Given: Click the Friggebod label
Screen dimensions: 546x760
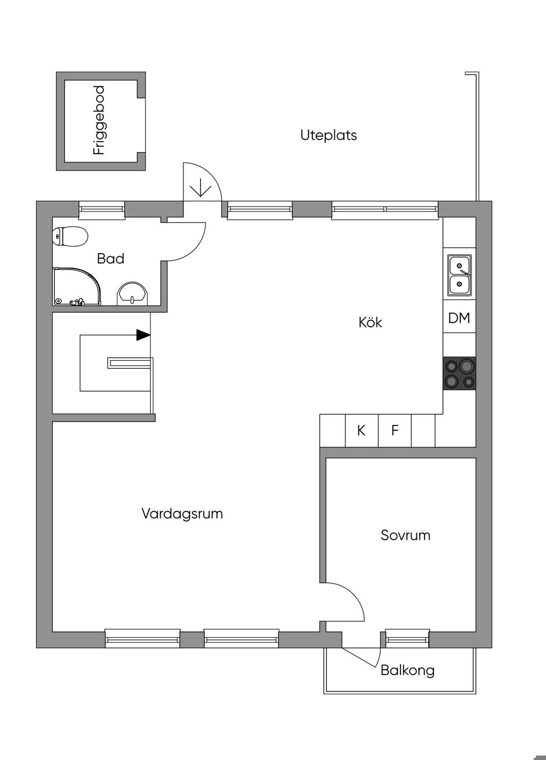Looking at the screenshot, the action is [x=99, y=121].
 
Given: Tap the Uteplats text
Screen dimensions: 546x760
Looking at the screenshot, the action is [x=328, y=136].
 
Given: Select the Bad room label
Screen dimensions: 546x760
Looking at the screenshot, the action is [x=110, y=258].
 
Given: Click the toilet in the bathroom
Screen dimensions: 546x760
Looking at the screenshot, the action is [x=70, y=236].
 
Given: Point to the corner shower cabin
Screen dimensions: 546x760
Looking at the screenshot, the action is [x=77, y=287].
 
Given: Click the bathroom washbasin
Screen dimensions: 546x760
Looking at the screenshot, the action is [x=133, y=294].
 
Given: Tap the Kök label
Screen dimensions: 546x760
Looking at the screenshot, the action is [x=370, y=322].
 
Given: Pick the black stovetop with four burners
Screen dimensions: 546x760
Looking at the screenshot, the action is [x=459, y=373].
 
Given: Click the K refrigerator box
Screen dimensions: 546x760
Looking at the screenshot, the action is [x=362, y=431].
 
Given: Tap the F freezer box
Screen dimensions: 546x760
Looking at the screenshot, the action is [x=395, y=431].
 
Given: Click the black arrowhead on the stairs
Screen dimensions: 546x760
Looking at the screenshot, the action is [x=143, y=335].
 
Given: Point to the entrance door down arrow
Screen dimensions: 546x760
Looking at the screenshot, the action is [x=200, y=187].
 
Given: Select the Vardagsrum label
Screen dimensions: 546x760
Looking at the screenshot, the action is [x=182, y=513].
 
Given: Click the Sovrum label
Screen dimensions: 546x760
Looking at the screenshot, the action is [x=405, y=535].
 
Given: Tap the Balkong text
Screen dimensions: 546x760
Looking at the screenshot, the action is [x=407, y=670].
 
